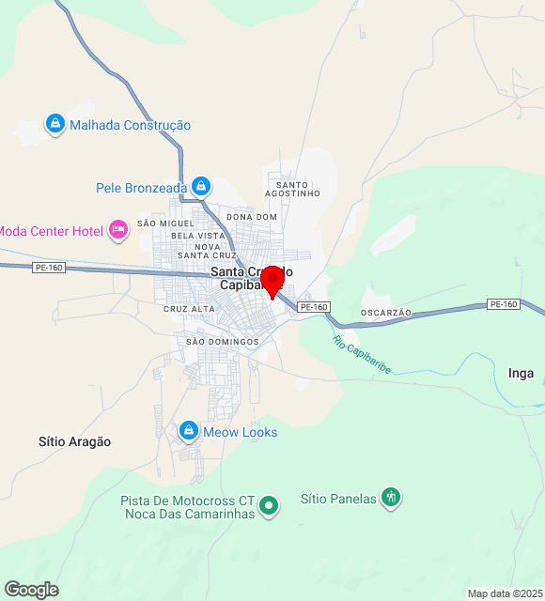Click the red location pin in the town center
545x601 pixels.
click(272, 281)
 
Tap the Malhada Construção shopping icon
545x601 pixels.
click(55, 124)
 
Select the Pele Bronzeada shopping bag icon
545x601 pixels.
click(200, 187)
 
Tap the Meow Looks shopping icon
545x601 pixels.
click(189, 431)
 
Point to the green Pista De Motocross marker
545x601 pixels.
click(269, 506)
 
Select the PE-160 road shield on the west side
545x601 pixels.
click(49, 268)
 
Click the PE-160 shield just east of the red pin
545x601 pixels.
click(314, 307)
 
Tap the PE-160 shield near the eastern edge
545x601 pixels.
click(504, 304)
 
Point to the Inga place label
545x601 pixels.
click(521, 373)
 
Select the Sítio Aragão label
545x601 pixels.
click(74, 441)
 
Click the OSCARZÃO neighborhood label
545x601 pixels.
click(386, 312)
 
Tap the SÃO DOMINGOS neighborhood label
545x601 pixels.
click(222, 342)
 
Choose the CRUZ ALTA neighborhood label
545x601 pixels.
click(189, 309)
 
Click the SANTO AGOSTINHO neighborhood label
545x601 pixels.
click(292, 189)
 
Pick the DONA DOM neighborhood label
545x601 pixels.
click(252, 217)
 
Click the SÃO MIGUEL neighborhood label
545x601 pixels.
click(164, 223)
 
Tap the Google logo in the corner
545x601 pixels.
click(31, 589)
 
